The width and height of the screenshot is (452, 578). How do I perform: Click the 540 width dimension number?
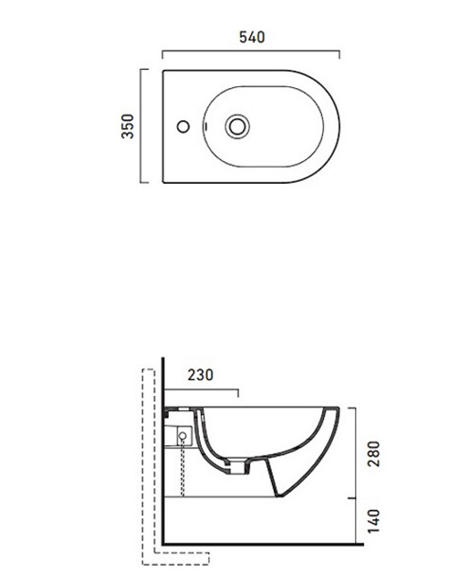(251, 37)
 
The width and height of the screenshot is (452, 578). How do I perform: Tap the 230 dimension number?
(199, 374)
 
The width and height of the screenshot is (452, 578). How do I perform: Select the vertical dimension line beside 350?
(143, 126)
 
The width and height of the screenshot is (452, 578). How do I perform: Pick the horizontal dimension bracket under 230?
(200, 389)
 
